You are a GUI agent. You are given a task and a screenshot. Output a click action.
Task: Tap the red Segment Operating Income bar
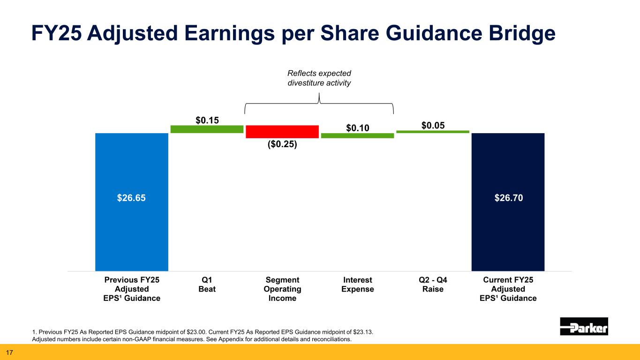(x=282, y=131)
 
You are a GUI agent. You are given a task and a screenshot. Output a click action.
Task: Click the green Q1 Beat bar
(x=207, y=129)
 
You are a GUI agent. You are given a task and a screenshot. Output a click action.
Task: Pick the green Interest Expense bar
(x=357, y=135)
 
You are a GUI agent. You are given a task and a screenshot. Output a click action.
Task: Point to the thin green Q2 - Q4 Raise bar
(x=433, y=132)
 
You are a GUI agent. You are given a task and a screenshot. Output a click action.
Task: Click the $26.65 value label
(x=131, y=198)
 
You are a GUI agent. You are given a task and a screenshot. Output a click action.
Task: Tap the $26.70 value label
(x=509, y=198)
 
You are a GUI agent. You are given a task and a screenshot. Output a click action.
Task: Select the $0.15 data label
(x=207, y=120)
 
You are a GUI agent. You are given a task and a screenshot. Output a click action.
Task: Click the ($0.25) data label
(x=282, y=144)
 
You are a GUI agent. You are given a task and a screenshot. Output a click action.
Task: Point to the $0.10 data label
(x=358, y=127)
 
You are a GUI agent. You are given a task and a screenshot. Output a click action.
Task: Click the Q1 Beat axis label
(x=207, y=285)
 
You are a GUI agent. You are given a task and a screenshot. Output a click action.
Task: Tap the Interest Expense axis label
(x=358, y=285)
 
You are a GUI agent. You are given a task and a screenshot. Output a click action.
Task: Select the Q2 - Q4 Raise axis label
(x=433, y=285)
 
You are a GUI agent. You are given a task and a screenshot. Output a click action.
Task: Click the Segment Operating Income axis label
(x=282, y=289)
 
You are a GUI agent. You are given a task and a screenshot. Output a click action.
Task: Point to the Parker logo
(x=584, y=326)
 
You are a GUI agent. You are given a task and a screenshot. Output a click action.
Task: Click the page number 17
(x=9, y=352)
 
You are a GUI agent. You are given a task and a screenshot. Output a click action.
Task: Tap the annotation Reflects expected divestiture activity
(x=319, y=78)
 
